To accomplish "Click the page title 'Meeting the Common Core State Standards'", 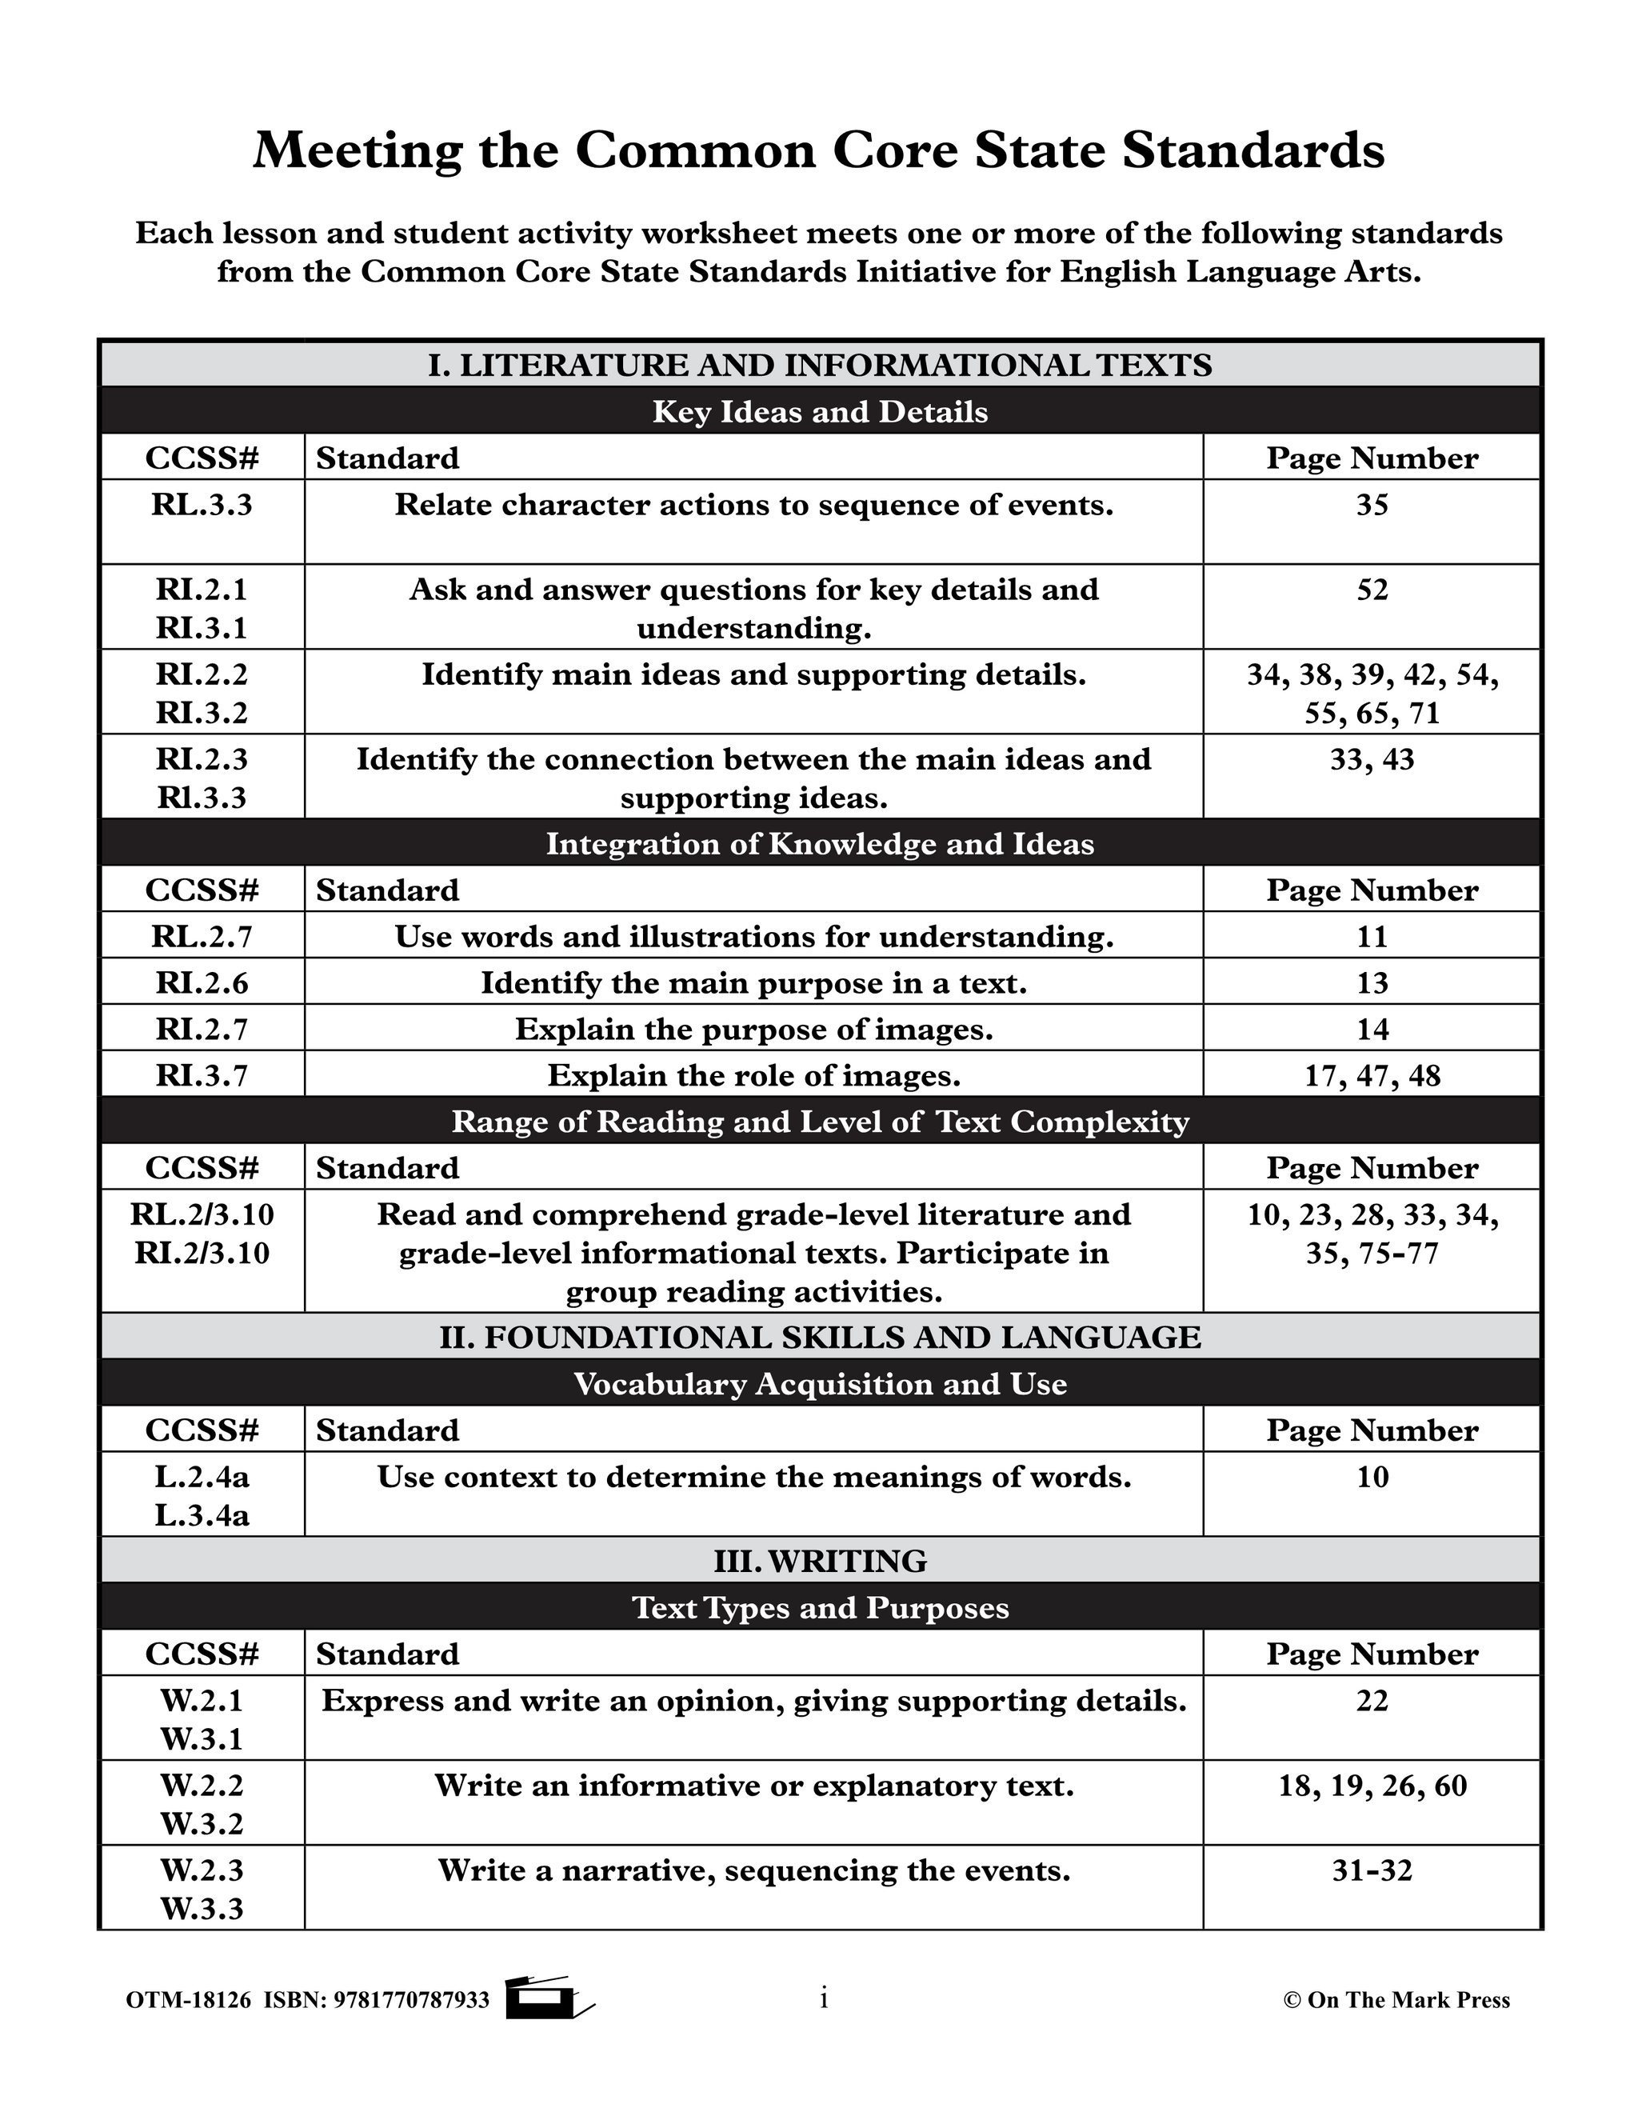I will (818, 150).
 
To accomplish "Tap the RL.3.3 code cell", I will (202, 505).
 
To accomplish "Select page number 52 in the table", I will (1371, 590).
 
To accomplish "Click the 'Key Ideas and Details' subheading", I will (820, 411).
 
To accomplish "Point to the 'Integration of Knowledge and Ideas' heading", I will (820, 843).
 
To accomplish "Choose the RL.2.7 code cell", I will (202, 937).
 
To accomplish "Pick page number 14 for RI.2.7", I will (1371, 1029).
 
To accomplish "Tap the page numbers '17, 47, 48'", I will (1371, 1075).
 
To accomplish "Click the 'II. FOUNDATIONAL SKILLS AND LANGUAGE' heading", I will (820, 1337).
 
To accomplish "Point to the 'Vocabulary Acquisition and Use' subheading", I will (820, 1383).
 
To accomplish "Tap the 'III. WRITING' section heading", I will (820, 1561).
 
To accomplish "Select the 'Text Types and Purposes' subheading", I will (820, 1607).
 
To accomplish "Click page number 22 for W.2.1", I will (1371, 1701).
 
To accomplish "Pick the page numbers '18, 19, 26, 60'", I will (1371, 1785).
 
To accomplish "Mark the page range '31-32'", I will (1371, 1870).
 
